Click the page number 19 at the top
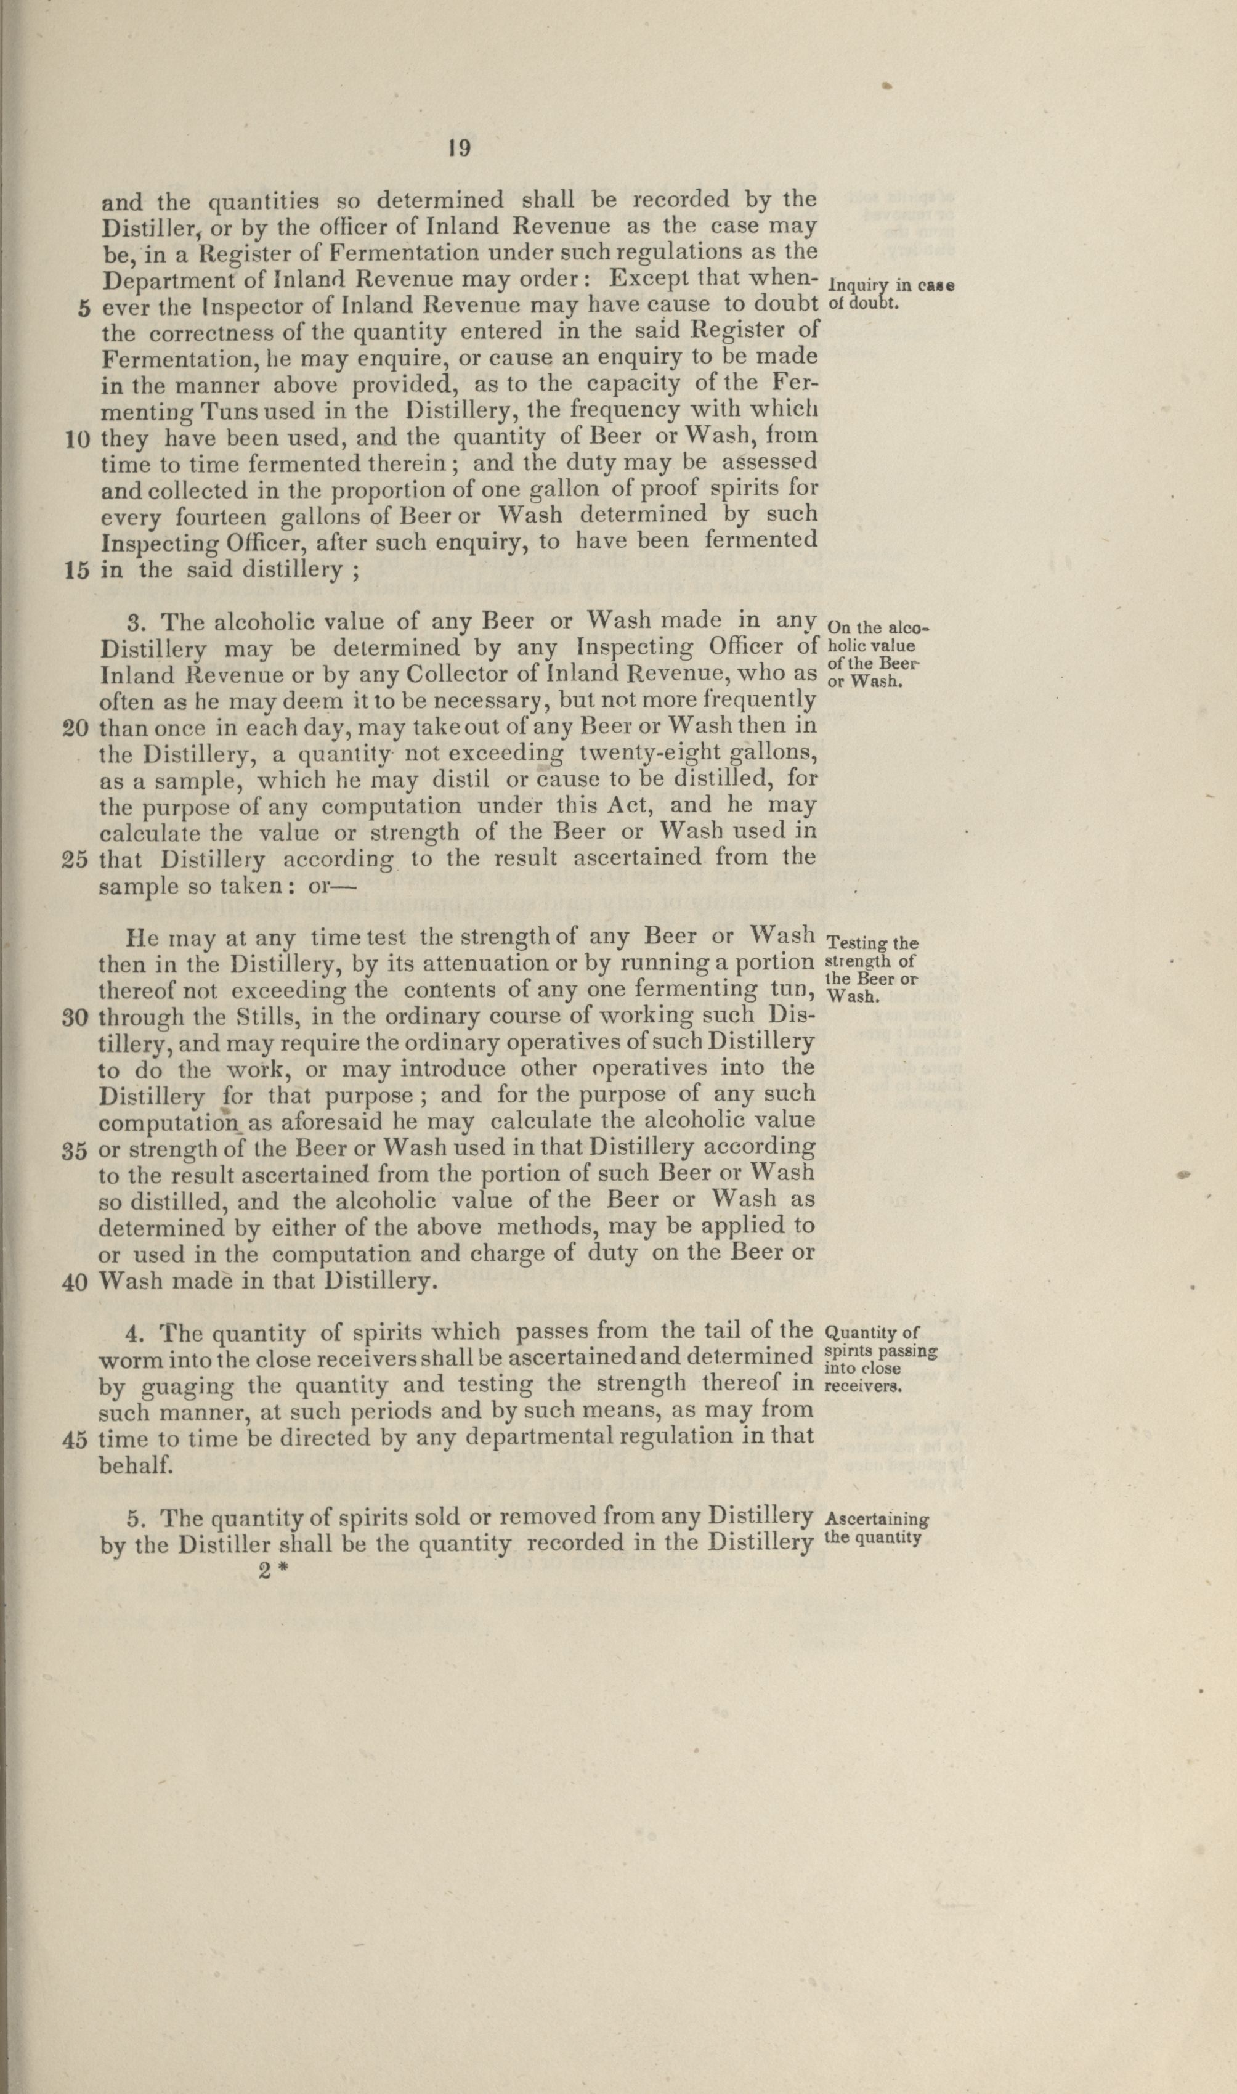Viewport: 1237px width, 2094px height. [460, 149]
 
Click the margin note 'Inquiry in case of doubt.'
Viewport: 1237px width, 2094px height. [890, 293]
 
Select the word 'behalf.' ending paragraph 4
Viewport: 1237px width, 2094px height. [136, 1465]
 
